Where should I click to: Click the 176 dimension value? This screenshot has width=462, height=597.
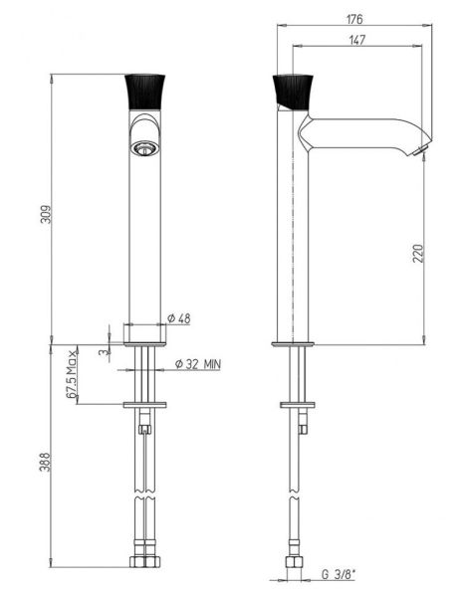(354, 19)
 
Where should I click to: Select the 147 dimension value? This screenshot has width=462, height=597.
(356, 40)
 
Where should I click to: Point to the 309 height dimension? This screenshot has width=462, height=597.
(46, 214)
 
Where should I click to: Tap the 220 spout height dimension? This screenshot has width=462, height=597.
(418, 253)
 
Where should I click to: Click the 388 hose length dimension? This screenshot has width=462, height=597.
(45, 462)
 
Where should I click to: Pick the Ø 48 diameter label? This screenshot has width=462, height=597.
(179, 318)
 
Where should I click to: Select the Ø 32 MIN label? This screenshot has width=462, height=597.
(198, 364)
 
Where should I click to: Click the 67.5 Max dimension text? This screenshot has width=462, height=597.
(72, 374)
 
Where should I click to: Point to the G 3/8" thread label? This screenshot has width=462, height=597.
(338, 574)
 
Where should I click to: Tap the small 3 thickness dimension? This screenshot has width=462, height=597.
(104, 352)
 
